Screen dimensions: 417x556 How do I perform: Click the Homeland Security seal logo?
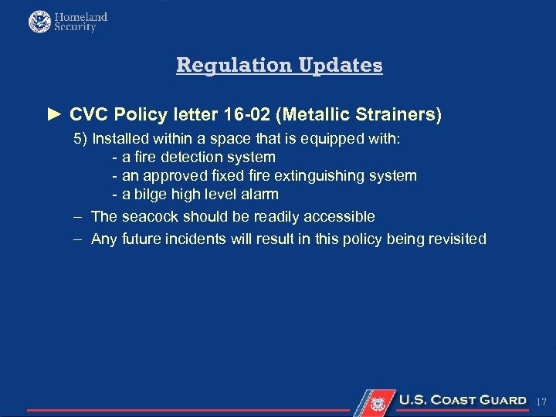[x=39, y=22]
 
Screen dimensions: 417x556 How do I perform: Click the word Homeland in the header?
[x=80, y=16]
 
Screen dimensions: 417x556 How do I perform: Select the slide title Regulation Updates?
[x=279, y=65]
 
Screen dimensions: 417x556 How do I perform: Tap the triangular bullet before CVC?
[x=53, y=115]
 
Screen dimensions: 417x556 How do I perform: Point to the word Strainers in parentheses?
[x=399, y=115]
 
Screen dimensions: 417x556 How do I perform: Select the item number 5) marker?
[x=80, y=139]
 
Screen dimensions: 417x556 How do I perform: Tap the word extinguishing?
[x=318, y=176]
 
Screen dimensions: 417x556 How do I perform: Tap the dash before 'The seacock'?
[x=77, y=217]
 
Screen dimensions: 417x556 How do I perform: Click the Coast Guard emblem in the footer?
[x=378, y=402]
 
